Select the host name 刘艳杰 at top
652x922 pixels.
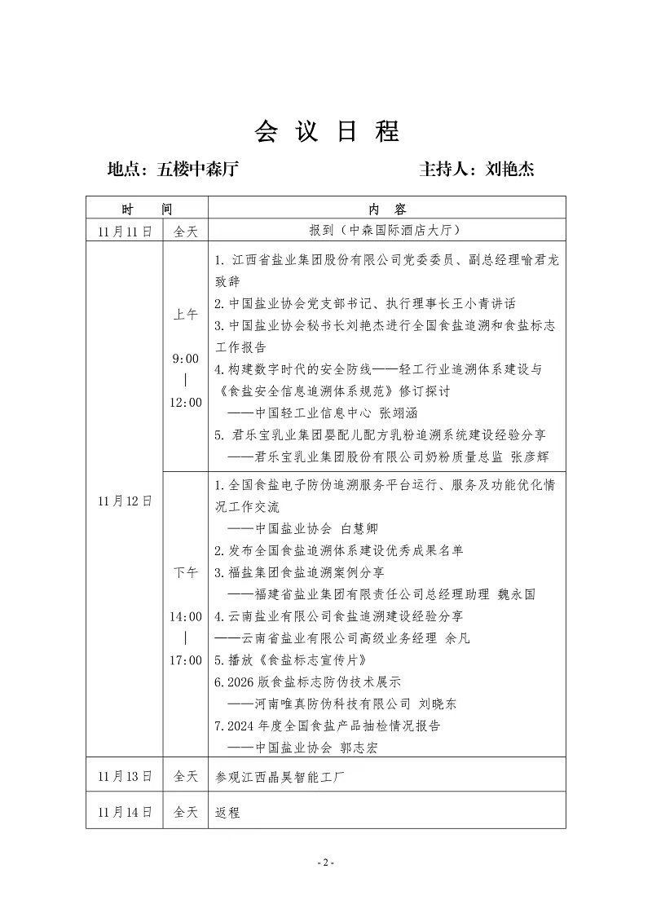[510, 170]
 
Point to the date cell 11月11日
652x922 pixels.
[124, 231]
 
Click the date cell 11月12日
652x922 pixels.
[124, 501]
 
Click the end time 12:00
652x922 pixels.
[186, 403]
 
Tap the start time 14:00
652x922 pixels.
[186, 616]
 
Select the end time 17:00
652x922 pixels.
[186, 660]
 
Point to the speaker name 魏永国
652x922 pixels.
[517, 594]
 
